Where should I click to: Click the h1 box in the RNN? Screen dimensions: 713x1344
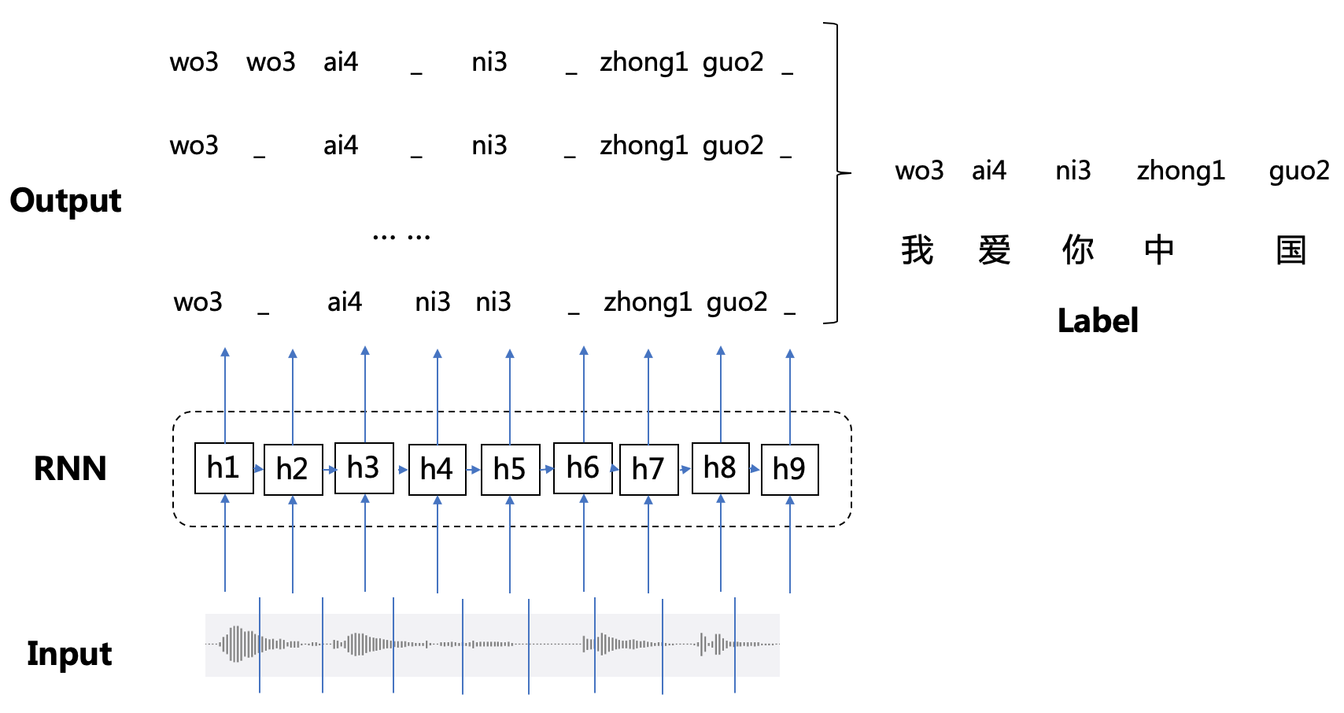(223, 468)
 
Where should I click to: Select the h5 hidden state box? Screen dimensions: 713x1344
(510, 470)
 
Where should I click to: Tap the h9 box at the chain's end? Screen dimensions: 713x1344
(789, 470)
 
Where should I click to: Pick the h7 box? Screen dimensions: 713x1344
(648, 470)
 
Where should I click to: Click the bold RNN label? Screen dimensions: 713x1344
(70, 469)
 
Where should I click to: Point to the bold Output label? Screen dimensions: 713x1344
(66, 201)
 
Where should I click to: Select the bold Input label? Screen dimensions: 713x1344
(69, 654)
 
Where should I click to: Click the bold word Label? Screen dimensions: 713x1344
(1097, 321)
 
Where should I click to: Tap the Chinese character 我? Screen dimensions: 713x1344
(918, 250)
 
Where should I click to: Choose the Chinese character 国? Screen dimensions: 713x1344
(1291, 250)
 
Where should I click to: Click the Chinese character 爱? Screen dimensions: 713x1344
(995, 250)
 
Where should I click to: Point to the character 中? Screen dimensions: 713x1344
(1159, 250)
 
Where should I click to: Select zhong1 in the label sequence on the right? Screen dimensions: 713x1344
(1180, 171)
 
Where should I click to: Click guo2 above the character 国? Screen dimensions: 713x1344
(1298, 171)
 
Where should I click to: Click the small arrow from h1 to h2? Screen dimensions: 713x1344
(259, 469)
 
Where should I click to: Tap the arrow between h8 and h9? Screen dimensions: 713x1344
(755, 469)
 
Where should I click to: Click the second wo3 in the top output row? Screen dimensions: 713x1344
(271, 62)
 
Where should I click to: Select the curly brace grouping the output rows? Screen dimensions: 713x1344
(837, 172)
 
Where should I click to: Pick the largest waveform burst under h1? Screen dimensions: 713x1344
(236, 644)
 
